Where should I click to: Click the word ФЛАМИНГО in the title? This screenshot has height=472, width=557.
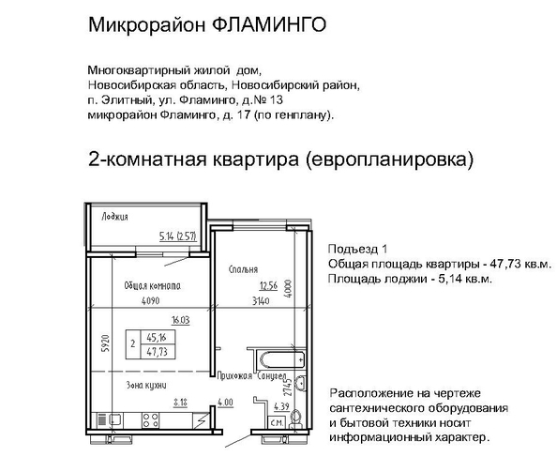pos(271,25)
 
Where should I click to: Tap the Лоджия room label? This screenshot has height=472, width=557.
pos(114,217)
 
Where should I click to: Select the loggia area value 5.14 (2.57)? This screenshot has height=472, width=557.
pos(178,236)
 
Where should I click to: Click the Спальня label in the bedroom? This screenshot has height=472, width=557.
pos(243,269)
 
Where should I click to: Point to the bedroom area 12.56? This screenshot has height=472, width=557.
pos(268,286)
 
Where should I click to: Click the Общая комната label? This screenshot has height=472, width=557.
pos(153,286)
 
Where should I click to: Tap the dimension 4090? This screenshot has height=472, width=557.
pos(151,301)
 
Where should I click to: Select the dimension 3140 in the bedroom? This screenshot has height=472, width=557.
pos(261,301)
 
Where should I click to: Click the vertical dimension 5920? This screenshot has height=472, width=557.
pos(105,343)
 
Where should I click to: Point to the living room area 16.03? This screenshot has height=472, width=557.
pos(180,320)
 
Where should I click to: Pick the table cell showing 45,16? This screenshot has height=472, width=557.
pos(157,337)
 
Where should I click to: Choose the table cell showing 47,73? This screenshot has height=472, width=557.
pos(157,352)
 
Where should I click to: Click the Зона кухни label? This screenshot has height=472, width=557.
pos(146,386)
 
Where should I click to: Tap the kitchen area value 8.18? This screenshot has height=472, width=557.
pos(180,403)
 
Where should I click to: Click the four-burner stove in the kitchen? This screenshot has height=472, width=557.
pos(150,420)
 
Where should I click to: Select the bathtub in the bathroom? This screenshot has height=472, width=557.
pos(282,360)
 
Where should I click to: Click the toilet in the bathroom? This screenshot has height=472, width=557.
pos(295,419)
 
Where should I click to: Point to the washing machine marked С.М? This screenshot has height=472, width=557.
pos(277,423)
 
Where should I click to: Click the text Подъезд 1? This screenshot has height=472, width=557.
pos(357,250)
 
